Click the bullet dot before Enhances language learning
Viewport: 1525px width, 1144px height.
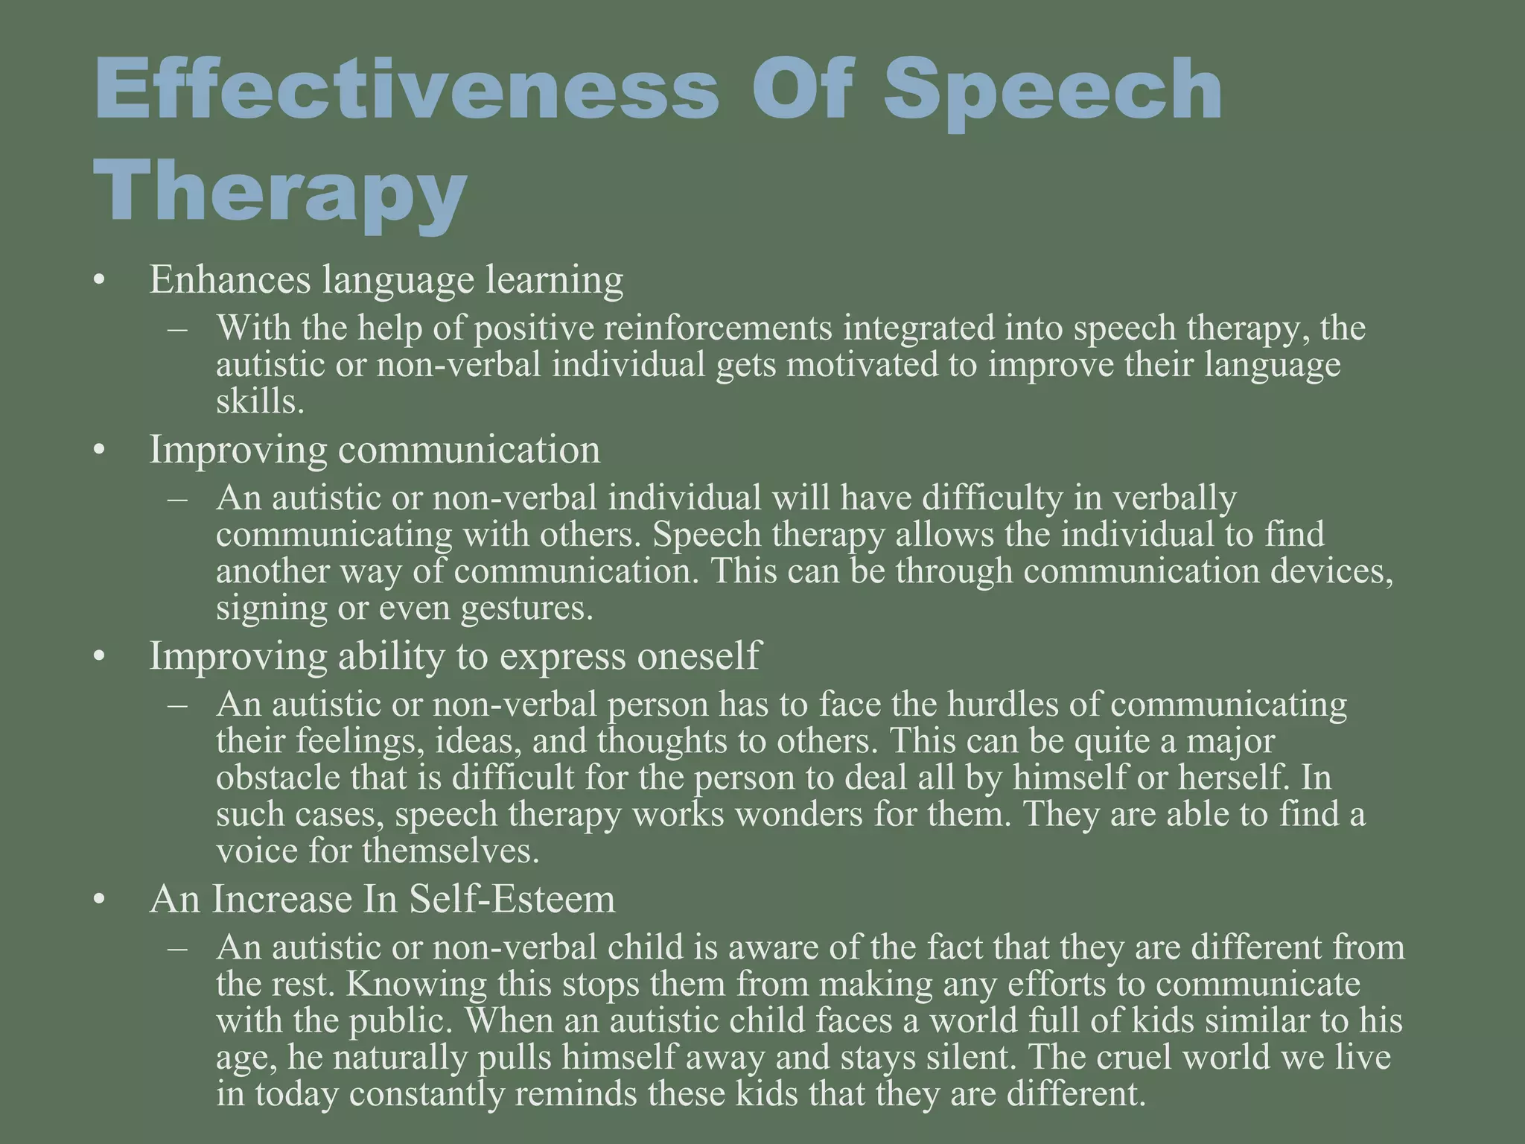click(100, 282)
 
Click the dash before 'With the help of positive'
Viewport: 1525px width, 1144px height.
click(178, 328)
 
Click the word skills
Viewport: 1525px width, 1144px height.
click(260, 402)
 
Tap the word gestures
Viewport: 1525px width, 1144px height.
click(526, 608)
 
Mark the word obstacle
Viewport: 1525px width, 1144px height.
click(278, 778)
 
